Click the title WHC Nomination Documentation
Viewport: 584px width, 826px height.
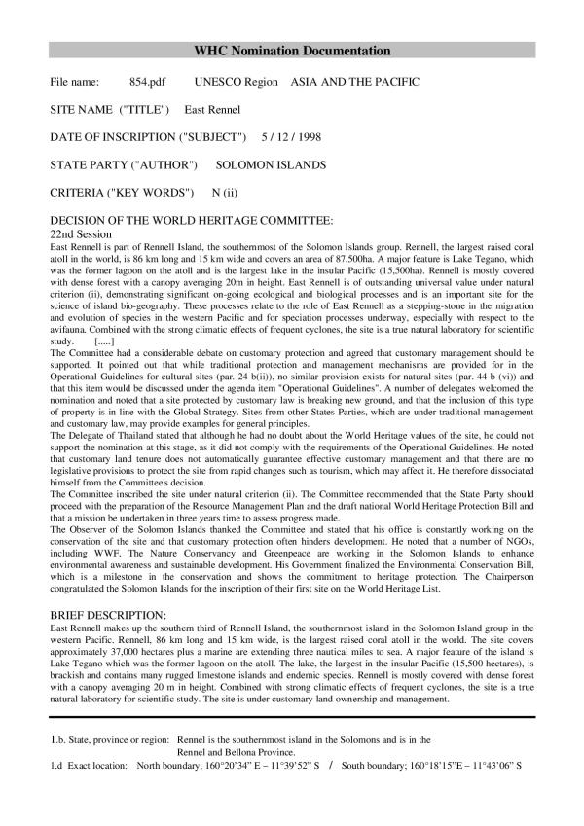click(x=292, y=50)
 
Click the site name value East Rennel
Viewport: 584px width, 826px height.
click(x=206, y=110)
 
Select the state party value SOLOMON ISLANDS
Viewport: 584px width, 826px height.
click(x=271, y=165)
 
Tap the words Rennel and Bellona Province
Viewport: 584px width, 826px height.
click(x=241, y=752)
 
